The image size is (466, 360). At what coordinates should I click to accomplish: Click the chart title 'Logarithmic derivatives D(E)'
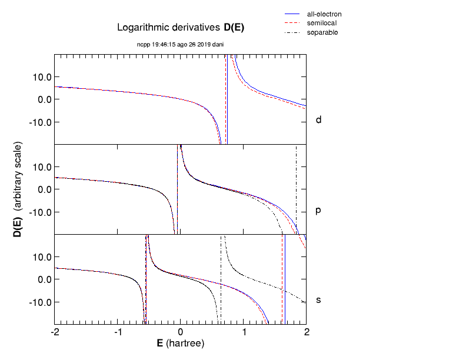(x=181, y=27)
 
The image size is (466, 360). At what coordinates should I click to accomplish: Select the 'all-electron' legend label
(x=324, y=14)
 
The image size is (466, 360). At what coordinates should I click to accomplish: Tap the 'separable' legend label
(x=322, y=32)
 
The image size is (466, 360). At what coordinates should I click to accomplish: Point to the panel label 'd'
(x=318, y=120)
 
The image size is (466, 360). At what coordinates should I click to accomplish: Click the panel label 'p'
(x=318, y=210)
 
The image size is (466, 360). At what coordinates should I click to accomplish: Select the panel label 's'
(x=318, y=301)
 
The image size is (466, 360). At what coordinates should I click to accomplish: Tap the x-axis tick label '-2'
(x=55, y=334)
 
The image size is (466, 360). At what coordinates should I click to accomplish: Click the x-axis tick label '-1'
(x=118, y=334)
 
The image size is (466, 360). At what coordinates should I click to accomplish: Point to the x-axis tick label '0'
(x=181, y=334)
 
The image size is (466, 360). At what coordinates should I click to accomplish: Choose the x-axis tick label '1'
(x=244, y=334)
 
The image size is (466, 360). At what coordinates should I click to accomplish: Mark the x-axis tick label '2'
(x=306, y=334)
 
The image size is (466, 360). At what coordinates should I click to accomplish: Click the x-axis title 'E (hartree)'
(x=180, y=344)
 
